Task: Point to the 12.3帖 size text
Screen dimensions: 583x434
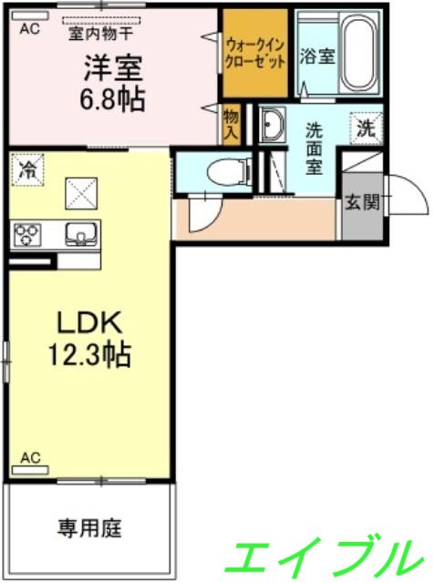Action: [x=88, y=354]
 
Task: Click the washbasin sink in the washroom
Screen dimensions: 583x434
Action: [x=273, y=125]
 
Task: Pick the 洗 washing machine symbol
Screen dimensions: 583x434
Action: [x=366, y=128]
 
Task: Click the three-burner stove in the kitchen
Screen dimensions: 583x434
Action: [x=26, y=235]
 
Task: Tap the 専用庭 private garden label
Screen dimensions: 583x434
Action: [x=90, y=527]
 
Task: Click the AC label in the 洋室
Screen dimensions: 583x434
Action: [x=30, y=29]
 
